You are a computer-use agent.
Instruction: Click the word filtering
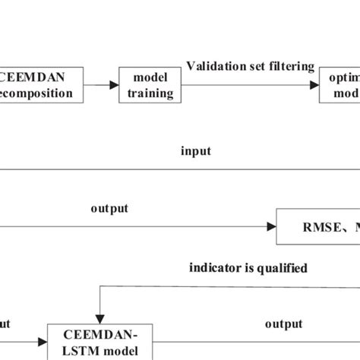(293, 66)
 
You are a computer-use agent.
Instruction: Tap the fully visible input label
(195, 150)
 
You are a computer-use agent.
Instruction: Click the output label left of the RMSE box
(109, 208)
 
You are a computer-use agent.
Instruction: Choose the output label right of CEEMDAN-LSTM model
(283, 324)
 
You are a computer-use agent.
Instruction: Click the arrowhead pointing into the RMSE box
(270, 226)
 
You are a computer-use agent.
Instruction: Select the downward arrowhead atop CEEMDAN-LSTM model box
(98, 318)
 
